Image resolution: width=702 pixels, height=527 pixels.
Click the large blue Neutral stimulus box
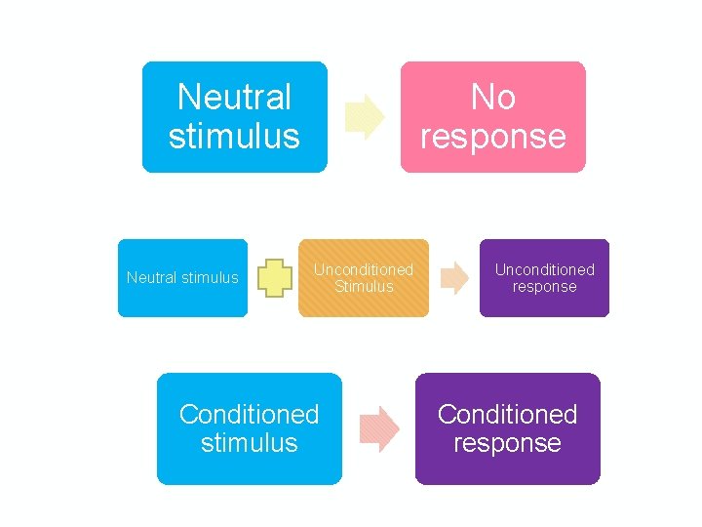tap(234, 117)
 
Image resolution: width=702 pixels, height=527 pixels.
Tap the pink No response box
tap(492, 117)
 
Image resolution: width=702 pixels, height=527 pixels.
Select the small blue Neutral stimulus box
tap(182, 278)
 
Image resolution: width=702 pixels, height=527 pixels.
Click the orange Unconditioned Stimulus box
tap(364, 278)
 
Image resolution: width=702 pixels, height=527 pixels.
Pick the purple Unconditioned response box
tap(544, 278)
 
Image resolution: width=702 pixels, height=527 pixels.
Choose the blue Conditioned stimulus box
tap(249, 428)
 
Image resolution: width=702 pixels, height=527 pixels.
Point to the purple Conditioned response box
tap(507, 428)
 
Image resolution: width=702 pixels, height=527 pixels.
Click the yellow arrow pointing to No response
tap(365, 116)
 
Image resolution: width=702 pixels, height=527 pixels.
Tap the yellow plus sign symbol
tap(276, 278)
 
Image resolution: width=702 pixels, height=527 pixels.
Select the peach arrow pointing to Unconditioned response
tap(453, 278)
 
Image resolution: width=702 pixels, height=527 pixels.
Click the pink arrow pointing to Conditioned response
tap(379, 428)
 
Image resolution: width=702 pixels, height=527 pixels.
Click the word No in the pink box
tap(492, 98)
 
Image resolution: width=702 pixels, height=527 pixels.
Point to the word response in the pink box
tap(492, 137)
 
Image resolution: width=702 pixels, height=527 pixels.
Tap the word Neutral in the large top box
tap(234, 98)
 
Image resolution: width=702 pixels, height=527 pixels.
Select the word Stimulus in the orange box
tap(364, 287)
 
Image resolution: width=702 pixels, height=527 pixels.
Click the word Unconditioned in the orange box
tap(364, 269)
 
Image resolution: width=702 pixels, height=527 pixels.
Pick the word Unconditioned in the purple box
tap(544, 269)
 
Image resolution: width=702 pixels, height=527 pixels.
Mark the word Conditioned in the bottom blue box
tap(249, 415)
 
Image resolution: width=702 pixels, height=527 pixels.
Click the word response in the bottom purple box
tap(507, 443)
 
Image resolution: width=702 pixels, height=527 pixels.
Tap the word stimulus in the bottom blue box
tap(249, 443)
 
